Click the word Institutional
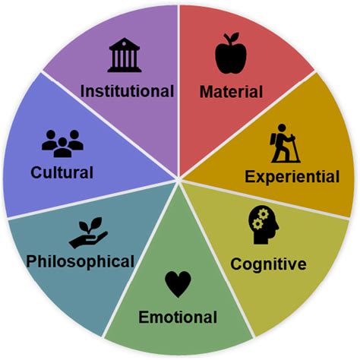(127, 91)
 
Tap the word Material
(231, 92)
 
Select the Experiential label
(292, 177)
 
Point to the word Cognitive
(268, 265)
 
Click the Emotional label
(178, 317)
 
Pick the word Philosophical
(81, 262)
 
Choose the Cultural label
(62, 172)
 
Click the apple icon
(231, 53)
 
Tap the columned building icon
(125, 55)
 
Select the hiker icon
(284, 144)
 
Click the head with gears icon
(264, 225)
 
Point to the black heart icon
(178, 284)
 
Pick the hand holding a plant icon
(88, 233)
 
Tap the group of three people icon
(62, 144)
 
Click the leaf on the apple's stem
(235, 36)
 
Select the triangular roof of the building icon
(125, 44)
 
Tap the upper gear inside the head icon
(264, 214)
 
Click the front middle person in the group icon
(62, 147)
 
